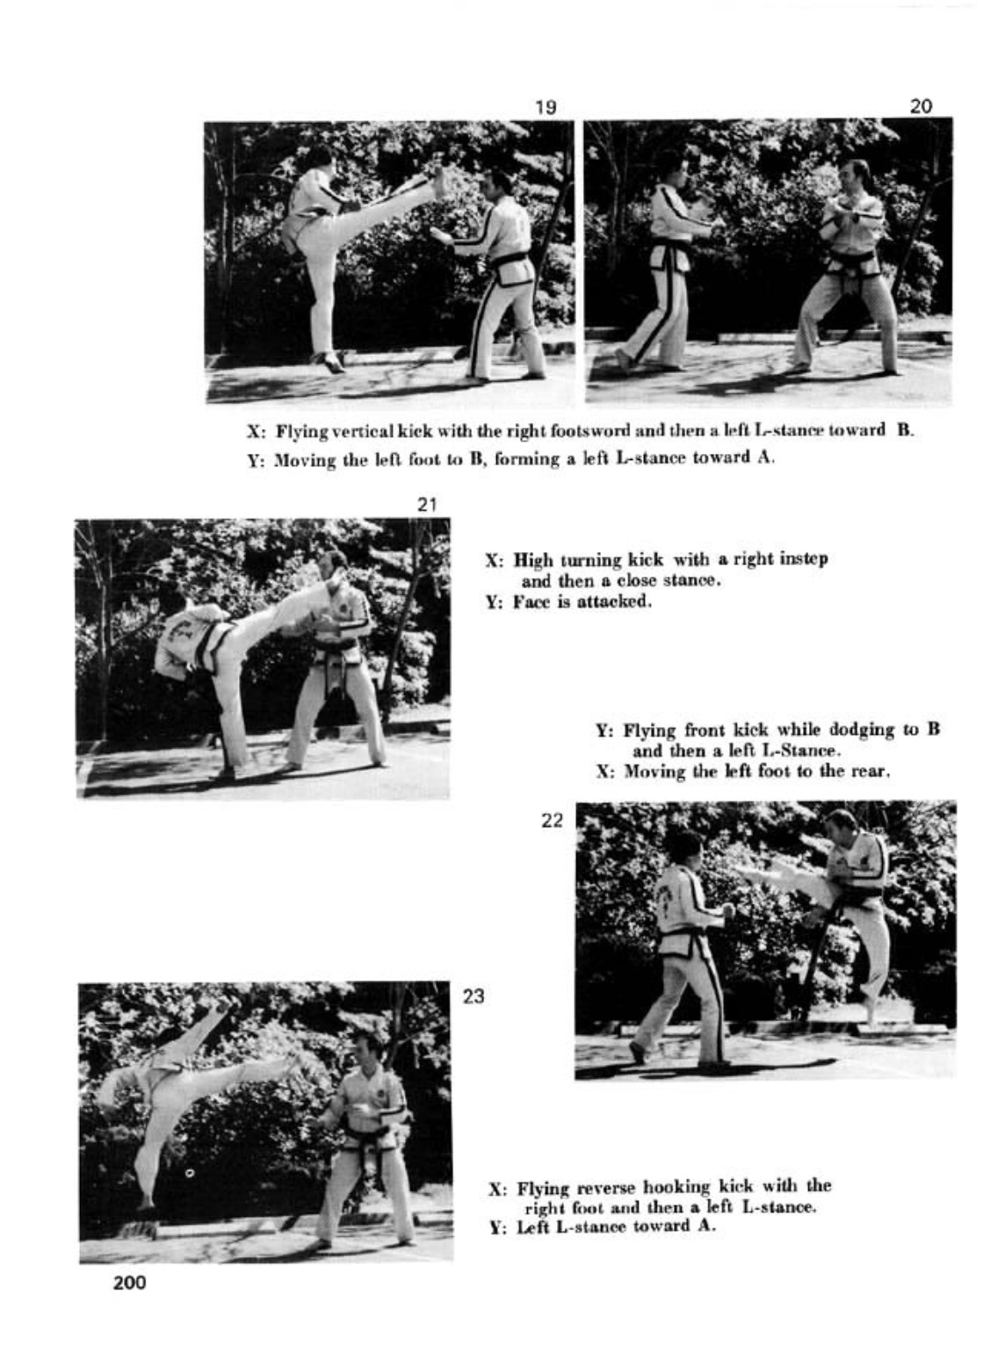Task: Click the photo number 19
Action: [546, 107]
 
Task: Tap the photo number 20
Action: [921, 106]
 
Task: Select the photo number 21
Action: [427, 505]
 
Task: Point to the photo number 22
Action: [552, 821]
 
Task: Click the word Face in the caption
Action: [529, 602]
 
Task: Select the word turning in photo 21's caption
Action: [589, 559]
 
